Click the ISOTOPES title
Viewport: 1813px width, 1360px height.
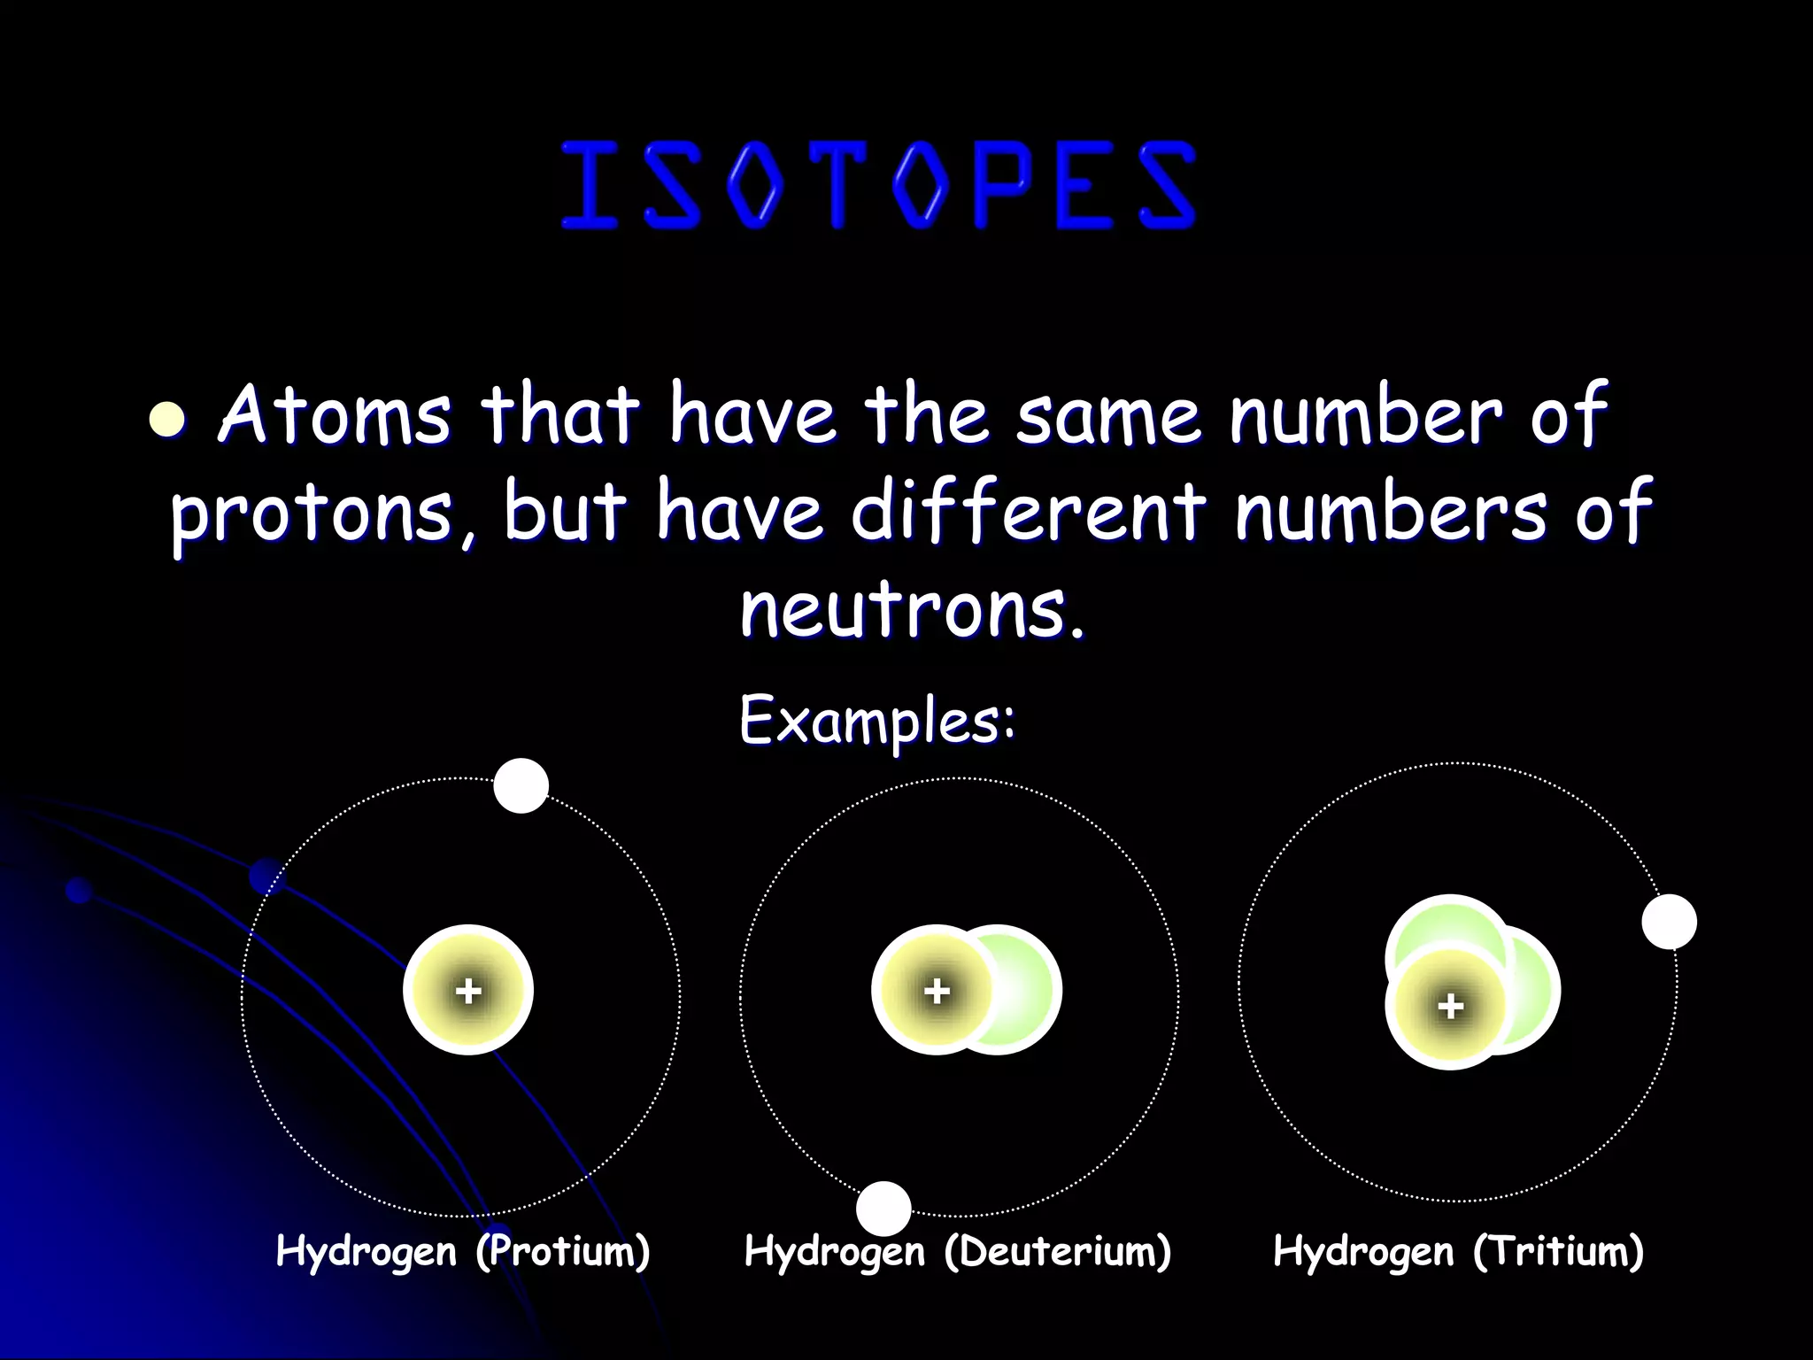pyautogui.click(x=878, y=186)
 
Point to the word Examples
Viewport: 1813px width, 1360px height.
pyautogui.click(x=876, y=722)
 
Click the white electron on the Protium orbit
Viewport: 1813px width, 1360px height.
pyautogui.click(x=521, y=785)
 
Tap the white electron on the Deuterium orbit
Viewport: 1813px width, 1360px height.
pyautogui.click(x=883, y=1208)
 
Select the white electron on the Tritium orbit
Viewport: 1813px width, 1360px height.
pyautogui.click(x=1669, y=921)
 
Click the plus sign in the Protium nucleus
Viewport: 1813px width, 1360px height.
pyautogui.click(x=468, y=991)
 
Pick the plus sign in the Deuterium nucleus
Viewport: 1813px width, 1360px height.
pyautogui.click(x=937, y=991)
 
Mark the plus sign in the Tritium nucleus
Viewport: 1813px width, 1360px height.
pyautogui.click(x=1450, y=1006)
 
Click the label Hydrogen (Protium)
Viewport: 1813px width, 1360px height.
pyautogui.click(x=463, y=1252)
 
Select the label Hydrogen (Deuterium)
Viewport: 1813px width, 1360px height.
pyautogui.click(x=958, y=1252)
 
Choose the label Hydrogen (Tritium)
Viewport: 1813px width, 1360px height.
pyautogui.click(x=1458, y=1252)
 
